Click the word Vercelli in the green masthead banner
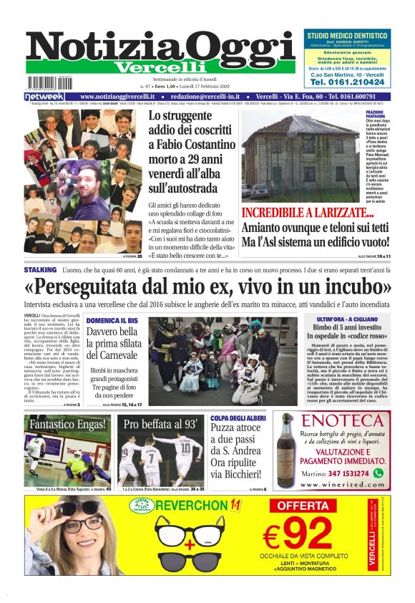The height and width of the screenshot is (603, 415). click(151, 67)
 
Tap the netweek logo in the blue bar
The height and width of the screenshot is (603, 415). click(44, 96)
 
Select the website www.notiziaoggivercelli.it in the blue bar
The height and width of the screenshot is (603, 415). click(117, 96)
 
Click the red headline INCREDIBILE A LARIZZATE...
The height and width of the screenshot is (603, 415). click(308, 213)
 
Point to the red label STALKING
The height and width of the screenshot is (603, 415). click(40, 270)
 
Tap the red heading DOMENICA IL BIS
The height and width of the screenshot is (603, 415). click(112, 320)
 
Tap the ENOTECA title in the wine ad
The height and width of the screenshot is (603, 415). click(342, 420)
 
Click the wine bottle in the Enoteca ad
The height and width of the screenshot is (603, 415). click(287, 451)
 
